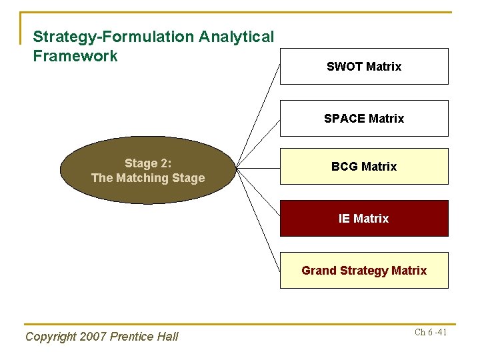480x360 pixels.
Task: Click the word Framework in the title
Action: click(x=75, y=56)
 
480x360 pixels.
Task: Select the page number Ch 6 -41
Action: click(x=430, y=332)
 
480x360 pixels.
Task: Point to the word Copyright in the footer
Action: click(x=50, y=337)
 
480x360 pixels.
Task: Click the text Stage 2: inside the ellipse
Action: click(x=148, y=163)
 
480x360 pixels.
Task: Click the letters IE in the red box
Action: click(x=344, y=219)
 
